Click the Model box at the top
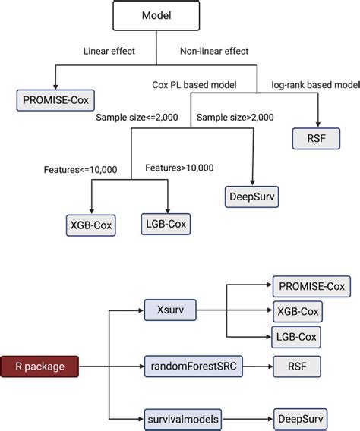click(156, 16)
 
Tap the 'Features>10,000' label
click(180, 168)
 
